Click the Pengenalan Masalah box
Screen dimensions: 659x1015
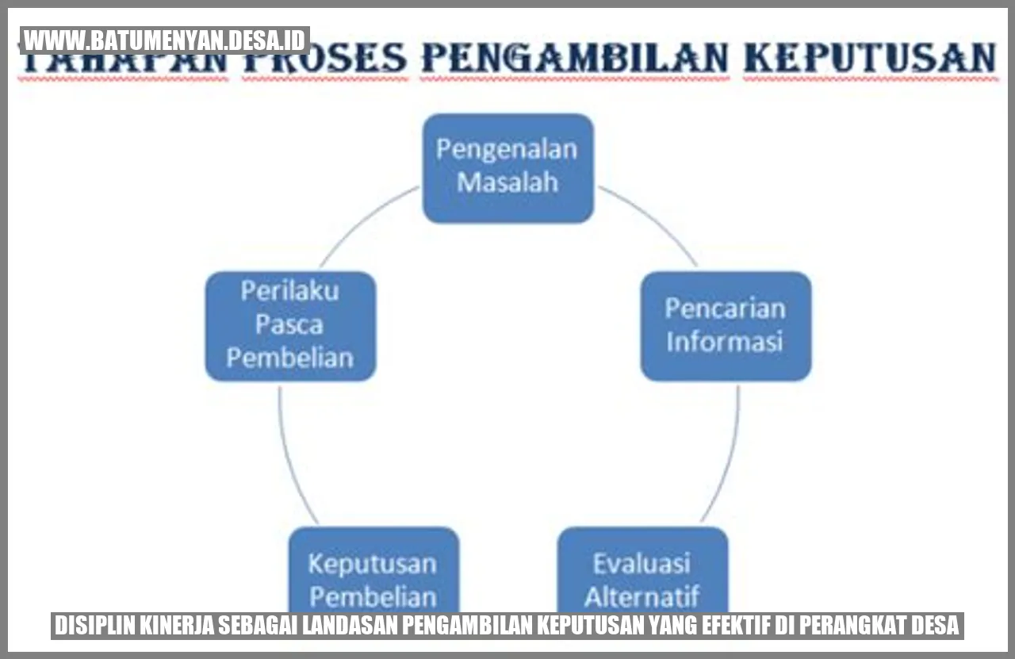(x=507, y=167)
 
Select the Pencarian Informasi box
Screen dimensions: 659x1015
(x=726, y=325)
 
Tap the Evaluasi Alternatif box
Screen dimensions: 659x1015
(x=643, y=571)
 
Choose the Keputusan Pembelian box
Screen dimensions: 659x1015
(x=373, y=571)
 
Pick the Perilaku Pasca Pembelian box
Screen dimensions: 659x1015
(x=290, y=325)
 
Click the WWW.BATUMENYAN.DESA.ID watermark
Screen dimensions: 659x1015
(x=165, y=40)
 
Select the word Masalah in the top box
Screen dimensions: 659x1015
(x=507, y=183)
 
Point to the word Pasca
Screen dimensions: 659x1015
(x=289, y=325)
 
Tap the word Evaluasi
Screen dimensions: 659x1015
(x=642, y=564)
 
